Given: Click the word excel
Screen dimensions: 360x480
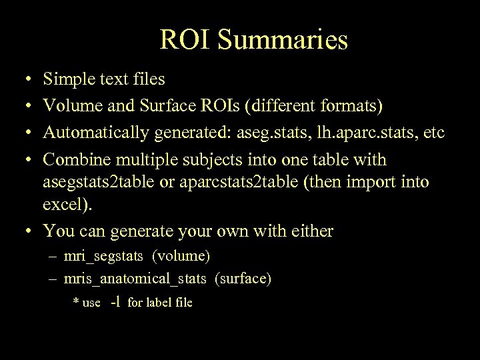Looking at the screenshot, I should tap(65, 203).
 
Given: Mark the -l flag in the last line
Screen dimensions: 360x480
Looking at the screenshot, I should tap(115, 302).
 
